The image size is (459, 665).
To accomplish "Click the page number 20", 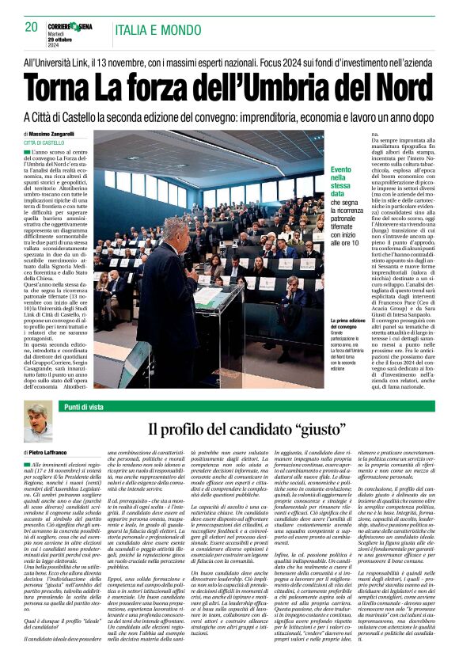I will pyautogui.click(x=31, y=27).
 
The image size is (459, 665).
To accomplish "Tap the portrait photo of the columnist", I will pyautogui.click(x=37, y=421).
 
